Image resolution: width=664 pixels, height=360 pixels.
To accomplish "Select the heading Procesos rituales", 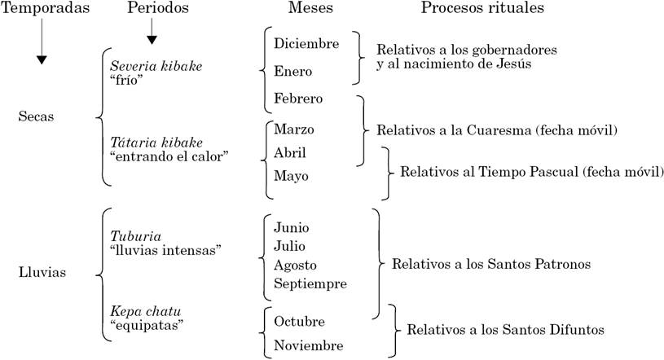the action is click(482, 8).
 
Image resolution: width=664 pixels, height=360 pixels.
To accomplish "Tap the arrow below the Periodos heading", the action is click(152, 31).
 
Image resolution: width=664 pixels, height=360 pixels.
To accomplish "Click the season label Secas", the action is click(36, 116).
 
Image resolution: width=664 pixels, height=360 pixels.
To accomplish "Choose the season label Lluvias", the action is click(41, 273).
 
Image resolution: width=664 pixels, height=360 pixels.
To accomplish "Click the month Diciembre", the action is click(306, 43).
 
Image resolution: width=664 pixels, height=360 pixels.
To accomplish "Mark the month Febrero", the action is click(299, 99).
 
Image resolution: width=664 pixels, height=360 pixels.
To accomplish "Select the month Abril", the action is click(291, 152).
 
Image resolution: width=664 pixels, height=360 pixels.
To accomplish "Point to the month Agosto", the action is click(296, 265).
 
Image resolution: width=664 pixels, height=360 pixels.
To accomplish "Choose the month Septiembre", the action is click(310, 284).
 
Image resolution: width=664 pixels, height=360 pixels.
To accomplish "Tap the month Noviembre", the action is click(309, 346).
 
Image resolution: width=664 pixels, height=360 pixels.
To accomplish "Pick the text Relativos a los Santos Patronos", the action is click(490, 265).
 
